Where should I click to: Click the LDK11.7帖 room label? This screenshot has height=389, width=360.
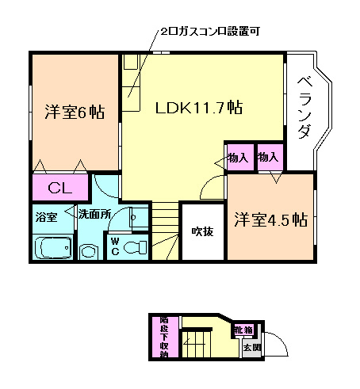click(198, 109)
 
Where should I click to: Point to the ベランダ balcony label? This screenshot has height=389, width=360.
click(303, 109)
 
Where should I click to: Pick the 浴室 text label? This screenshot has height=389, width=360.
click(45, 215)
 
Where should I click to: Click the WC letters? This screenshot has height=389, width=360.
click(115, 246)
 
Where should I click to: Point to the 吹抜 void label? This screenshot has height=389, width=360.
click(202, 231)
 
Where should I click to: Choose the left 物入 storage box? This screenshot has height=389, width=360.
click(238, 157)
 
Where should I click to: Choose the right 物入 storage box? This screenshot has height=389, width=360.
click(268, 157)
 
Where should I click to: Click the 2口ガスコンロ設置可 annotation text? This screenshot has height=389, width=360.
click(209, 32)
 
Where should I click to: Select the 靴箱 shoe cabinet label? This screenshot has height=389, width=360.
click(243, 330)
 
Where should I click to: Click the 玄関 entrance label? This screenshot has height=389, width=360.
click(251, 347)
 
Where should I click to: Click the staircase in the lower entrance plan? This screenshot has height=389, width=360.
click(197, 345)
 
